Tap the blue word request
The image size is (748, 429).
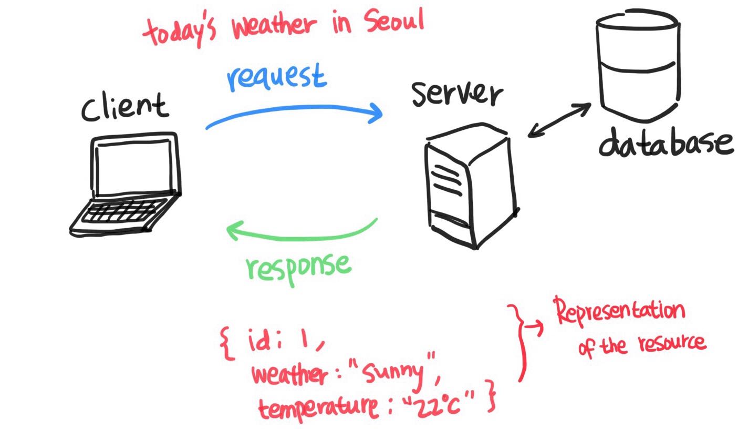277,78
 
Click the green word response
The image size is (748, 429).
298,265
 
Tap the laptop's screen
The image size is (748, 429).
134,165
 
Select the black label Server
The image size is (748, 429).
455,95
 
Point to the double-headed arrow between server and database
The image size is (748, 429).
559,120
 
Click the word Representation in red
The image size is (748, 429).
620,312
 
